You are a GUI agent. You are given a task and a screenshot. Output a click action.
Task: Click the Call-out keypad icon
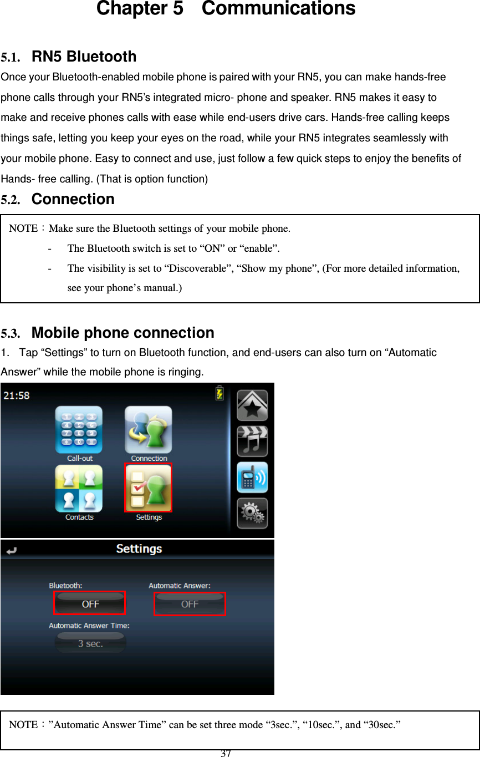tap(79, 430)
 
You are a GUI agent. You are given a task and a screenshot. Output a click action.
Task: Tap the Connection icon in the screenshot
tap(148, 430)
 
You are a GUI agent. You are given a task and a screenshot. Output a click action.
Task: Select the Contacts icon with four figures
tap(79, 489)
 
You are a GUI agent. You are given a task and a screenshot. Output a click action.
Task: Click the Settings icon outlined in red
tap(148, 487)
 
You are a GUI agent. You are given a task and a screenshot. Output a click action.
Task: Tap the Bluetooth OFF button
tap(90, 603)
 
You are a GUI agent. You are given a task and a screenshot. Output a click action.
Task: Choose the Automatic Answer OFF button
tap(190, 604)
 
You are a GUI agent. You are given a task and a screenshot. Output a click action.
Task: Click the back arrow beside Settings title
tap(11, 551)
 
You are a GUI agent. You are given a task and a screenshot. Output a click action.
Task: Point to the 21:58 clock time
tap(17, 395)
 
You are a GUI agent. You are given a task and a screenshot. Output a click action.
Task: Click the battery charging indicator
tap(220, 393)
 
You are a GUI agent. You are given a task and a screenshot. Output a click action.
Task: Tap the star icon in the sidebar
tap(252, 405)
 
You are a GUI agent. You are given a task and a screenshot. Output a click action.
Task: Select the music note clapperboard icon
tap(252, 441)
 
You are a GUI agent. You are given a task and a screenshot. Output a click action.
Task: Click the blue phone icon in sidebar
tap(252, 477)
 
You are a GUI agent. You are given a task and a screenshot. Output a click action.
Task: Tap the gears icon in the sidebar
tap(252, 514)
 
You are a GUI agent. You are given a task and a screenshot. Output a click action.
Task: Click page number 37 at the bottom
tap(226, 753)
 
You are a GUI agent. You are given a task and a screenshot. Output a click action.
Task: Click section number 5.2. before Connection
tap(12, 200)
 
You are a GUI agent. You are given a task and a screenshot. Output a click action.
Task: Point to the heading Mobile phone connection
tap(122, 333)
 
